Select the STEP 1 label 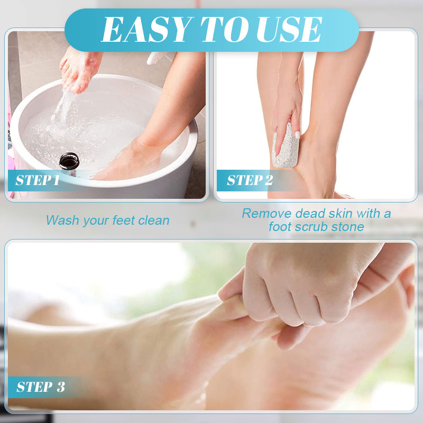tap(38, 180)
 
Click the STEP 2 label tap(250, 180)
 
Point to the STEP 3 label tap(41, 387)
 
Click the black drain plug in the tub tap(69, 161)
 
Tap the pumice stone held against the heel tap(285, 146)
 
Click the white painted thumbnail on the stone tap(297, 135)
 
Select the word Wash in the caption tap(62, 220)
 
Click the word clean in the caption tap(154, 220)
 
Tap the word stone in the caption tap(348, 227)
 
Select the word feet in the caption tap(124, 220)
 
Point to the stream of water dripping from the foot tap(62, 108)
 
